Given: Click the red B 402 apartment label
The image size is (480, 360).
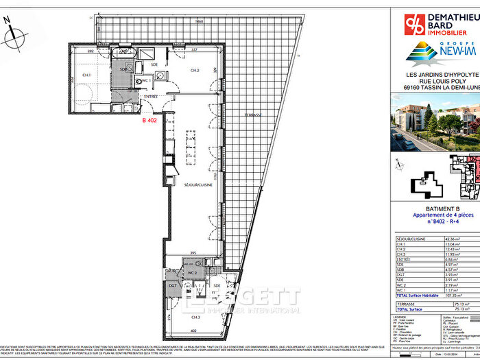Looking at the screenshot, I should [150, 120].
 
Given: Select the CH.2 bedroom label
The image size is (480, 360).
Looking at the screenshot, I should [195, 71].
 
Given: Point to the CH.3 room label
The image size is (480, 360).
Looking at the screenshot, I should [195, 317].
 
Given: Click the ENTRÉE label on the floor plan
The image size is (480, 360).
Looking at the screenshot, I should [151, 98].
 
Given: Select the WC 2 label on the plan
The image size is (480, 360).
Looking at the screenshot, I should [194, 273].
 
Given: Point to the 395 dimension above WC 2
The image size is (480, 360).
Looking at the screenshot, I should [194, 252].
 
